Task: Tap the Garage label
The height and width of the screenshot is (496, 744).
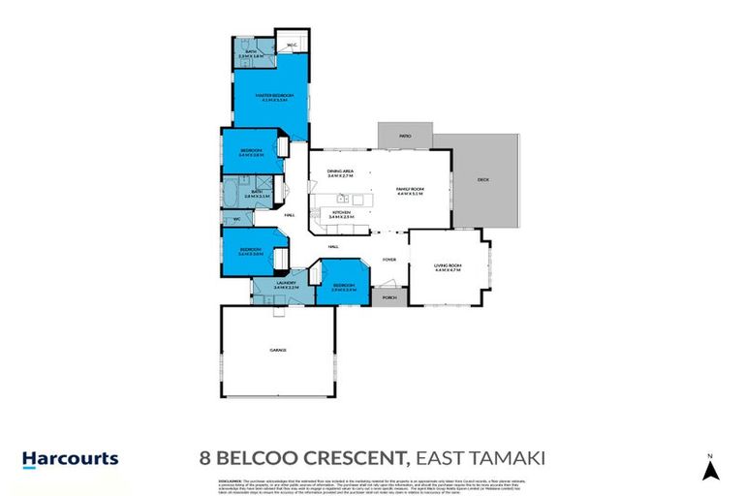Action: coord(277,350)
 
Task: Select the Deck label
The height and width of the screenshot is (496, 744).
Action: coord(483,180)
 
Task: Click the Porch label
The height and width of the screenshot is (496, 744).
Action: coord(390,297)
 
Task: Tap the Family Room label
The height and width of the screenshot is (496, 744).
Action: coord(411,191)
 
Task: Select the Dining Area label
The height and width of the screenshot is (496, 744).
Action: coord(340,173)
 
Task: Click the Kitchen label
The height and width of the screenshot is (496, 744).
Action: coord(341,215)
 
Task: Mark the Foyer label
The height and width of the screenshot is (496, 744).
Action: coord(388,260)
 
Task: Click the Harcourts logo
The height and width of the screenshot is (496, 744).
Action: coord(70,458)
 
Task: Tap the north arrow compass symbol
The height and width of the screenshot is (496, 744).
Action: coord(710,470)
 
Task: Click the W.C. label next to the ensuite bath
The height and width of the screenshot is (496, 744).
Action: coord(290,45)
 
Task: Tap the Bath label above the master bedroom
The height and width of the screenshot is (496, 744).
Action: coord(251,53)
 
